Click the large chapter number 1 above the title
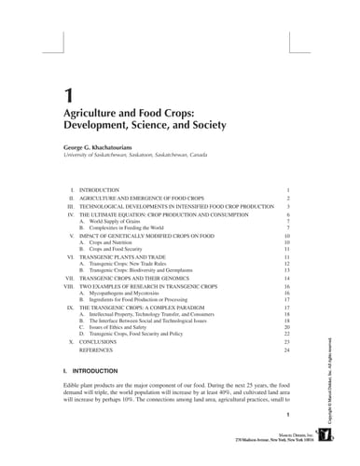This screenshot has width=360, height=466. pyautogui.click(x=67, y=94)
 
